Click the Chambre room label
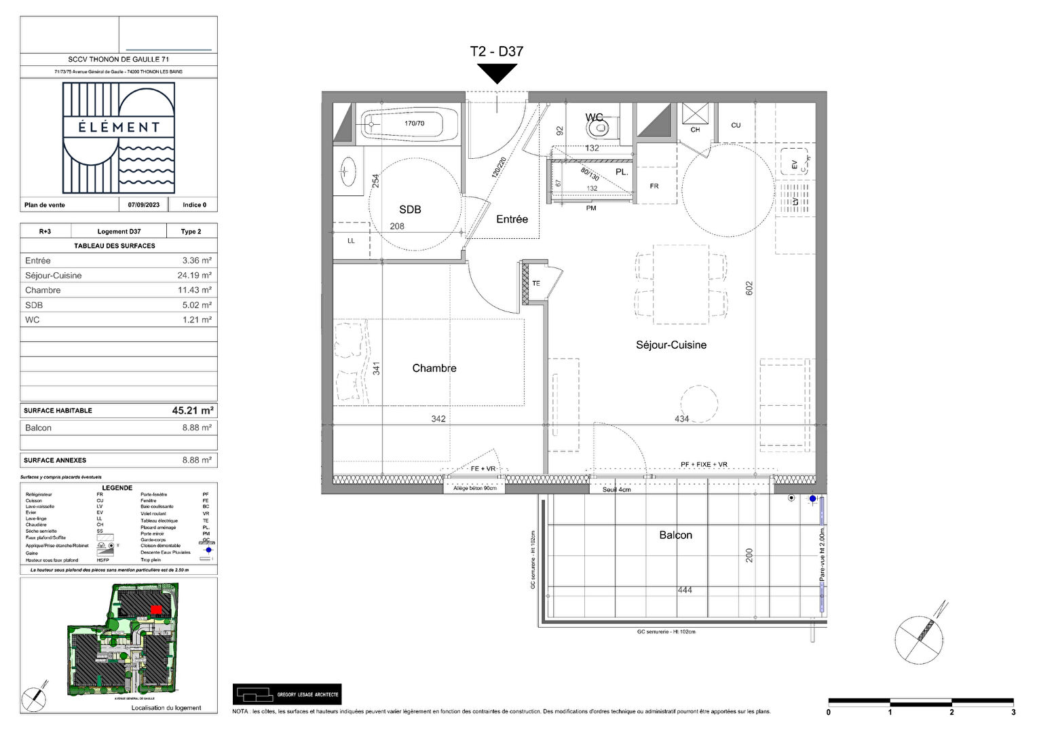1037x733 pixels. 434,369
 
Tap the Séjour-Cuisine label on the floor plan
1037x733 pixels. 671,345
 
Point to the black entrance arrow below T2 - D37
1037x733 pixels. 497,73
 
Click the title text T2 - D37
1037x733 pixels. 497,51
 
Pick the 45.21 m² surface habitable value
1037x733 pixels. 193,411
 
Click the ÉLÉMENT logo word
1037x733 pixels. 119,127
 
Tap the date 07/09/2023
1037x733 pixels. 144,205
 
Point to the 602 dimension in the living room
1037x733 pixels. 749,288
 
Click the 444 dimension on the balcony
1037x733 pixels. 685,590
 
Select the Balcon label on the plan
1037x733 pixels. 676,535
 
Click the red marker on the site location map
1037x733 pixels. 156,609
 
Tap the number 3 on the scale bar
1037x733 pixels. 1013,713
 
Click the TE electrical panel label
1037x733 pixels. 536,284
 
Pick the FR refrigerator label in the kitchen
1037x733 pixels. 654,186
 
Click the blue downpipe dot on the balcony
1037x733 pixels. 813,499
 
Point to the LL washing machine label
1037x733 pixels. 351,241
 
